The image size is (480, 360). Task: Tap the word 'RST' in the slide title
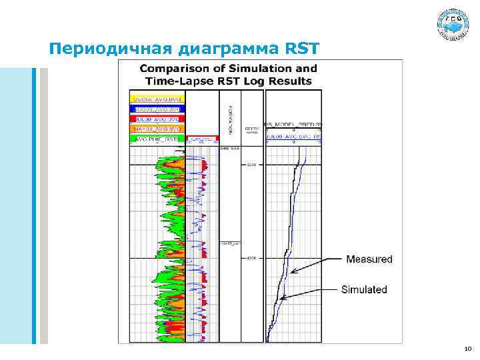pyautogui.click(x=303, y=49)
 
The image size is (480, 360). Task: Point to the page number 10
pyautogui.click(x=467, y=348)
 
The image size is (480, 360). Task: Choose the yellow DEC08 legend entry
pyautogui.click(x=157, y=99)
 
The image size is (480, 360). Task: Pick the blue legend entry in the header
pyautogui.click(x=157, y=109)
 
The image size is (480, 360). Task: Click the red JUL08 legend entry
pyautogui.click(x=157, y=119)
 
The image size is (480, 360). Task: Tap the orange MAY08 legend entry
pyautogui.click(x=157, y=129)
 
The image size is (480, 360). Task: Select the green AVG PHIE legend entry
pyautogui.click(x=157, y=139)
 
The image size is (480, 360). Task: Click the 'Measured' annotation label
pyautogui.click(x=369, y=259)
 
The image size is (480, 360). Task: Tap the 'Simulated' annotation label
pyautogui.click(x=364, y=289)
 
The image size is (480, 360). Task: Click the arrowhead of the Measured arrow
pyautogui.click(x=291, y=271)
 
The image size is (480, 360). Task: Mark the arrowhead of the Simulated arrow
pyautogui.click(x=282, y=299)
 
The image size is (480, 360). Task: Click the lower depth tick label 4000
pyautogui.click(x=251, y=258)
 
